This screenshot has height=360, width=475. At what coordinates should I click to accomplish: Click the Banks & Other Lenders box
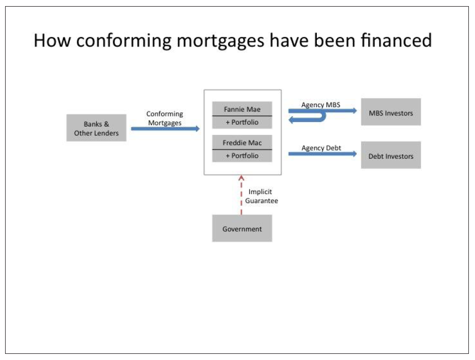[96, 128]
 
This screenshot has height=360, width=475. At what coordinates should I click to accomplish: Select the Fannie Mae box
[242, 109]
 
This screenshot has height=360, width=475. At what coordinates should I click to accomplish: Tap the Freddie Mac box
[242, 142]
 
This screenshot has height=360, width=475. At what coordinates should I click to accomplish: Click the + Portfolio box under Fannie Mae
[242, 123]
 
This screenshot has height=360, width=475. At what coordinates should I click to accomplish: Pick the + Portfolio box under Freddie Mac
[242, 156]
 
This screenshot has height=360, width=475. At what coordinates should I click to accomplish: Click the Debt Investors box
[391, 155]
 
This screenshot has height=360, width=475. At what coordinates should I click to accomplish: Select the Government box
[242, 228]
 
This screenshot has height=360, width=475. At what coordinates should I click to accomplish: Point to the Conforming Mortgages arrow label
[165, 118]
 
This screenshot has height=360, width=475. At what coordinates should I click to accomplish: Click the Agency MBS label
[321, 105]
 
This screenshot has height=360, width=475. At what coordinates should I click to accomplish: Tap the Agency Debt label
[321, 148]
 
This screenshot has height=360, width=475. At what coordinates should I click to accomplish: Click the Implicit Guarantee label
[261, 196]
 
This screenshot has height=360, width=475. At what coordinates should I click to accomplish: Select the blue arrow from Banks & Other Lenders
[165, 129]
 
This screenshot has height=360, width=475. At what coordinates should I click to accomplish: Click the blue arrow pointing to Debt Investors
[322, 154]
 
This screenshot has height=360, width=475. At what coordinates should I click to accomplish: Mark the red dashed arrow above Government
[241, 195]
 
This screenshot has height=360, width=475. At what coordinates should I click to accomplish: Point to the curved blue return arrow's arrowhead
[291, 121]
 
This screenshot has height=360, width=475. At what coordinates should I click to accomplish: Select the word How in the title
[53, 40]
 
